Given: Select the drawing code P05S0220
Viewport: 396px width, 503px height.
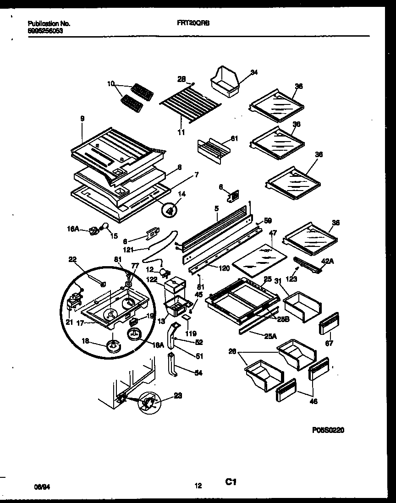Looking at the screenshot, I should tap(328, 430).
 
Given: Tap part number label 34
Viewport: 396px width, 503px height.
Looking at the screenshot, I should tap(253, 72).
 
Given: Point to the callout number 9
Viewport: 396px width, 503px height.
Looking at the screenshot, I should tap(82, 119).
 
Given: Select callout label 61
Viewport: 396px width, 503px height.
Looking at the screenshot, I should tap(235, 139).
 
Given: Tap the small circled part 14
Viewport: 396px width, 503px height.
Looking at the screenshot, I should tap(170, 210).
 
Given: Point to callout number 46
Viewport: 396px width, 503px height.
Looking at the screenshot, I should tap(313, 401).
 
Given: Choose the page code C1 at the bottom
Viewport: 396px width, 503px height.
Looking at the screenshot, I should tap(230, 482).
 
